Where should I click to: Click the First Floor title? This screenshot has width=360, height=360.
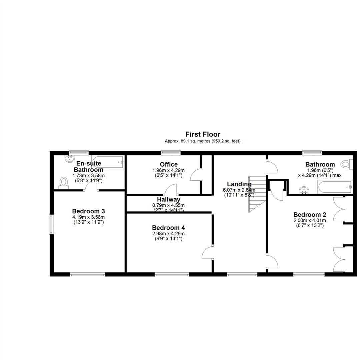[203, 134]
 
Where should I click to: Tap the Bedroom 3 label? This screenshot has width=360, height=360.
[88, 211]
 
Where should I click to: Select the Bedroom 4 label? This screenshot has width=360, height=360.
[168, 228]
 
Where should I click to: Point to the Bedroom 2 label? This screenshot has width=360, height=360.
[310, 215]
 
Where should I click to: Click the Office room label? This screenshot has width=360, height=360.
[169, 164]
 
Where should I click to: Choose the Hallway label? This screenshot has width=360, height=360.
[169, 200]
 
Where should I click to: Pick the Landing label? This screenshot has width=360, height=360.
[239, 184]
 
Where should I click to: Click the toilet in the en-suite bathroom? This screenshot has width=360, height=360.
[64, 183]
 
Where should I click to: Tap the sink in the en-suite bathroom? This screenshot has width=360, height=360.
[70, 158]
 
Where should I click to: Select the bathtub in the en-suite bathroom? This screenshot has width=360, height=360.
[108, 162]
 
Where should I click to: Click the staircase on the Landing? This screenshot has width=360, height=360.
[257, 194]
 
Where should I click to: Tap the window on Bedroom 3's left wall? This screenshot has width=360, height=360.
[51, 224]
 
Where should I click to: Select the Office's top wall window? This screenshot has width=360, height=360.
[171, 152]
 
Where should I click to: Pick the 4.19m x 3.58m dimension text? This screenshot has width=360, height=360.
[88, 217]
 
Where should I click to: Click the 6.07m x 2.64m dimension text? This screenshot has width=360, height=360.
[239, 190]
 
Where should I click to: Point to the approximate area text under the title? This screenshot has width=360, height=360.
[203, 141]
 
